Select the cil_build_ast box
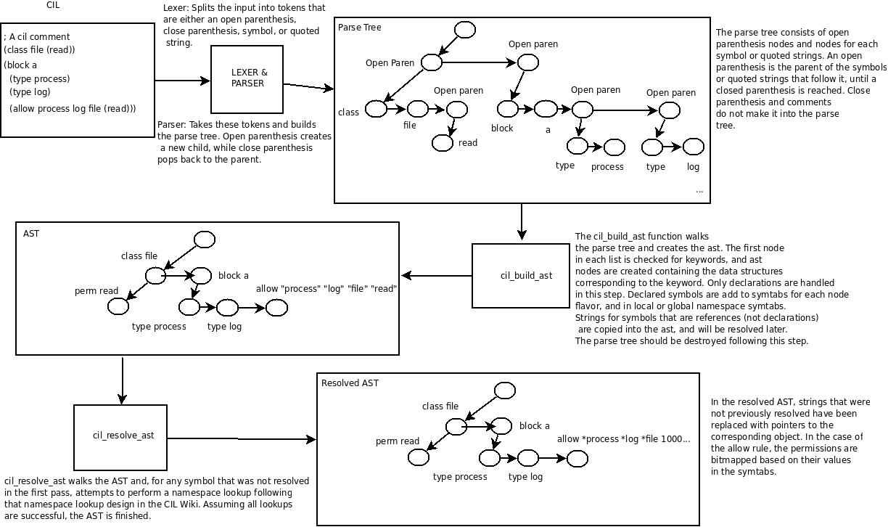(521, 275)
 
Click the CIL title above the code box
(52, 5)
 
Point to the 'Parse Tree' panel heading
(360, 28)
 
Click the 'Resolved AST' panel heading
(350, 383)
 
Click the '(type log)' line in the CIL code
(30, 92)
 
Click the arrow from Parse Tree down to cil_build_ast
(522, 221)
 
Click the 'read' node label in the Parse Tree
(468, 143)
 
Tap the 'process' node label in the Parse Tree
(607, 167)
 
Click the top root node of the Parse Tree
(464, 30)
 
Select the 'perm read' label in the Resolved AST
(398, 441)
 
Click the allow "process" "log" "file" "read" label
(326, 289)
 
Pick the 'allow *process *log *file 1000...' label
(623, 438)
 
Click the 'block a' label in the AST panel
(234, 276)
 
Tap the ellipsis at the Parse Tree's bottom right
(699, 191)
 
